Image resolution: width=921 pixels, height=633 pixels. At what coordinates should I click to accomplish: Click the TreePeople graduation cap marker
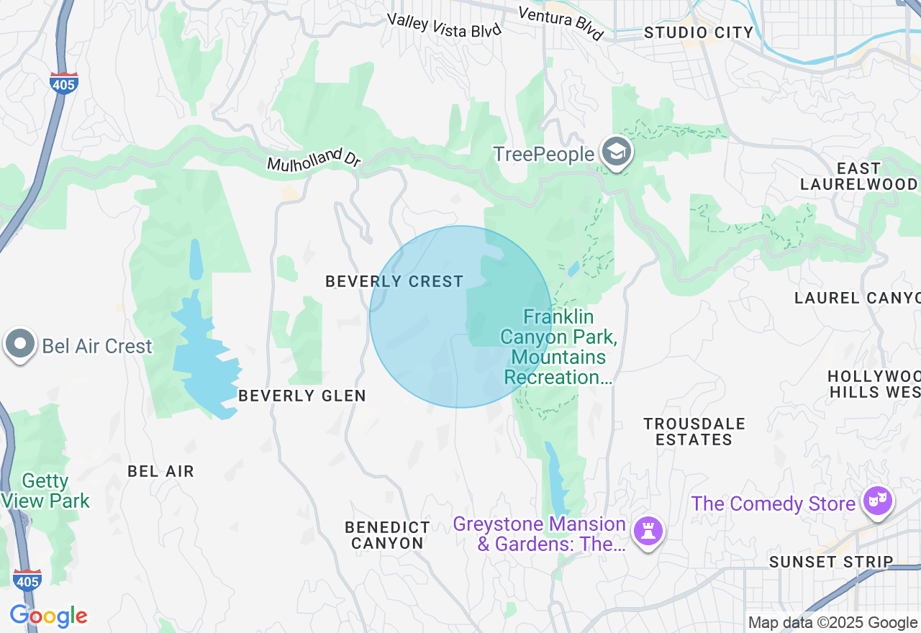pyautogui.click(x=617, y=152)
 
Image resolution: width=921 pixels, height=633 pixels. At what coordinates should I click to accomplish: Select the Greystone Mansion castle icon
pyautogui.click(x=648, y=532)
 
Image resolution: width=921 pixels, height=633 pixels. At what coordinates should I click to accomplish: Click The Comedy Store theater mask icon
pyautogui.click(x=878, y=501)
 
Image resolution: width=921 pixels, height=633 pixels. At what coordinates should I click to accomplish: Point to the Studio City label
pyautogui.click(x=698, y=32)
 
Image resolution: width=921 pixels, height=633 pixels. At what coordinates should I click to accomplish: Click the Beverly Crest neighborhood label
pyautogui.click(x=394, y=281)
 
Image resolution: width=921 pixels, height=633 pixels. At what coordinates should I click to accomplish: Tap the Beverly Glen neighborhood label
pyautogui.click(x=302, y=396)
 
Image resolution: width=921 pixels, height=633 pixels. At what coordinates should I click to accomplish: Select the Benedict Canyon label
pyautogui.click(x=387, y=535)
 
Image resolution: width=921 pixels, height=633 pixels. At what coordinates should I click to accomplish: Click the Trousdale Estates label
pyautogui.click(x=694, y=431)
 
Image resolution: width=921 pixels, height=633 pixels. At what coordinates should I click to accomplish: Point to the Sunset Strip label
pyautogui.click(x=831, y=562)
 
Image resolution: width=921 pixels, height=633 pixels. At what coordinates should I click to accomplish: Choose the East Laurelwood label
pyautogui.click(x=858, y=176)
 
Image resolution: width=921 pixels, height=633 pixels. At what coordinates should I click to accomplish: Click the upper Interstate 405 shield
pyautogui.click(x=64, y=83)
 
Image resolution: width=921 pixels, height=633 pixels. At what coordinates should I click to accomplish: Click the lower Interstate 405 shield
pyautogui.click(x=27, y=580)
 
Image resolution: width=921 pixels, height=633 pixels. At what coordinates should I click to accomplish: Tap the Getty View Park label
pyautogui.click(x=46, y=491)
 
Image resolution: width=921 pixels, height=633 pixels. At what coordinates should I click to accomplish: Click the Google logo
pyautogui.click(x=48, y=616)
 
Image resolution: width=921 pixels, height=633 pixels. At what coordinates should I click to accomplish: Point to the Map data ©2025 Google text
pyautogui.click(x=832, y=623)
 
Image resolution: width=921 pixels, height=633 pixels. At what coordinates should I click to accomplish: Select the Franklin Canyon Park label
pyautogui.click(x=558, y=347)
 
